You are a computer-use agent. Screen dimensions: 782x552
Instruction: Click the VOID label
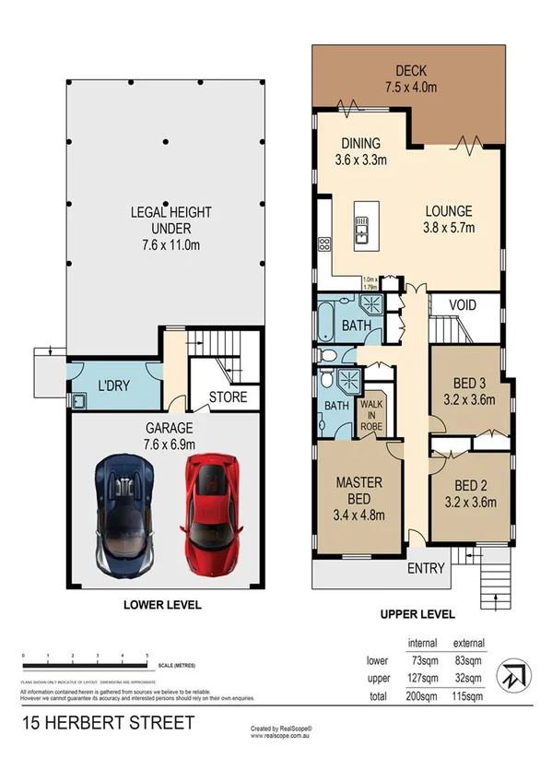coord(467,303)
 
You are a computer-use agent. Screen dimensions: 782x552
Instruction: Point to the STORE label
coord(225,398)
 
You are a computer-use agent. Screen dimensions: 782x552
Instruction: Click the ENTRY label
coord(426,568)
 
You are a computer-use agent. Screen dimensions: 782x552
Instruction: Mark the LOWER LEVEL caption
coord(162,605)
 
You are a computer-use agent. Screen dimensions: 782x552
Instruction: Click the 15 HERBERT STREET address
coord(107,723)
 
